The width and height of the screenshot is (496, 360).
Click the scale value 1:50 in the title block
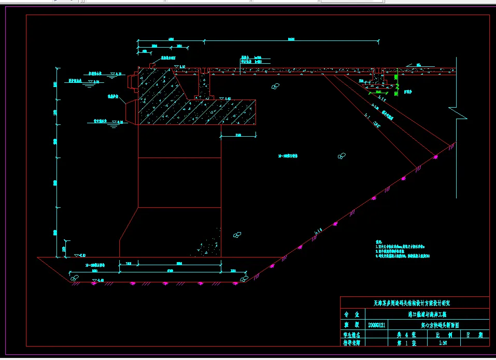[x=443, y=342]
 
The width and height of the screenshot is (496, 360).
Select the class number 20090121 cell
[x=376, y=325]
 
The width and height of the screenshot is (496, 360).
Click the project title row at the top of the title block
[x=415, y=303]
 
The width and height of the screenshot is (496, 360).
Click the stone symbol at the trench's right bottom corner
[x=243, y=279]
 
